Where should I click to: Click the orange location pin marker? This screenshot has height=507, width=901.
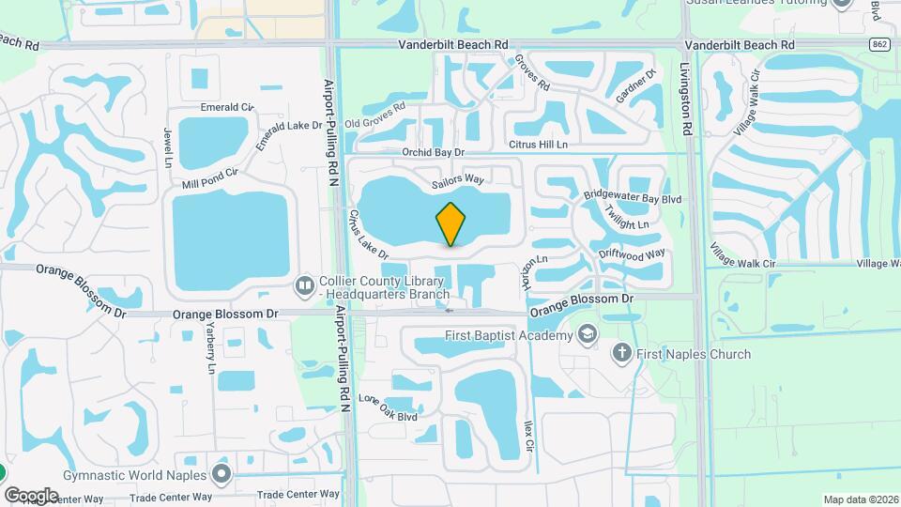coord(450,223)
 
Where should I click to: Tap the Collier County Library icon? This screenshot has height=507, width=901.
coord(304,284)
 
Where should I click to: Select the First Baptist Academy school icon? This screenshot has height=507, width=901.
coord(587,335)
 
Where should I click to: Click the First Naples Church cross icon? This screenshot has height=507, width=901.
coord(621,354)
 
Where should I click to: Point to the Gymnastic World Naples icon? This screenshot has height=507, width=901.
coord(222,474)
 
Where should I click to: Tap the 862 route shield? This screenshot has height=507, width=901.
coord(878,44)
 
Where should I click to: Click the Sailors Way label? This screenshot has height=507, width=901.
coord(457,178)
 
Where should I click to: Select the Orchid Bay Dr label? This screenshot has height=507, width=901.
coord(433,152)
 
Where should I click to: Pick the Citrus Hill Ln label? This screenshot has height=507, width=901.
coord(538,145)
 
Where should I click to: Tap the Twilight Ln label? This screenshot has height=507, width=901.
coord(627,218)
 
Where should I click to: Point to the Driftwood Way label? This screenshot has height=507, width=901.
coord(633,253)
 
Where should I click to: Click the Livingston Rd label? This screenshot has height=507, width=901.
coord(687,100)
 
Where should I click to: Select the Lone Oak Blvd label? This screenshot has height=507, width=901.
coord(387,408)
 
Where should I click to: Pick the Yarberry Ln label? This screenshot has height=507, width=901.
coord(211,347)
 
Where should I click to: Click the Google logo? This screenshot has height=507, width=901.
coord(32,495)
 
